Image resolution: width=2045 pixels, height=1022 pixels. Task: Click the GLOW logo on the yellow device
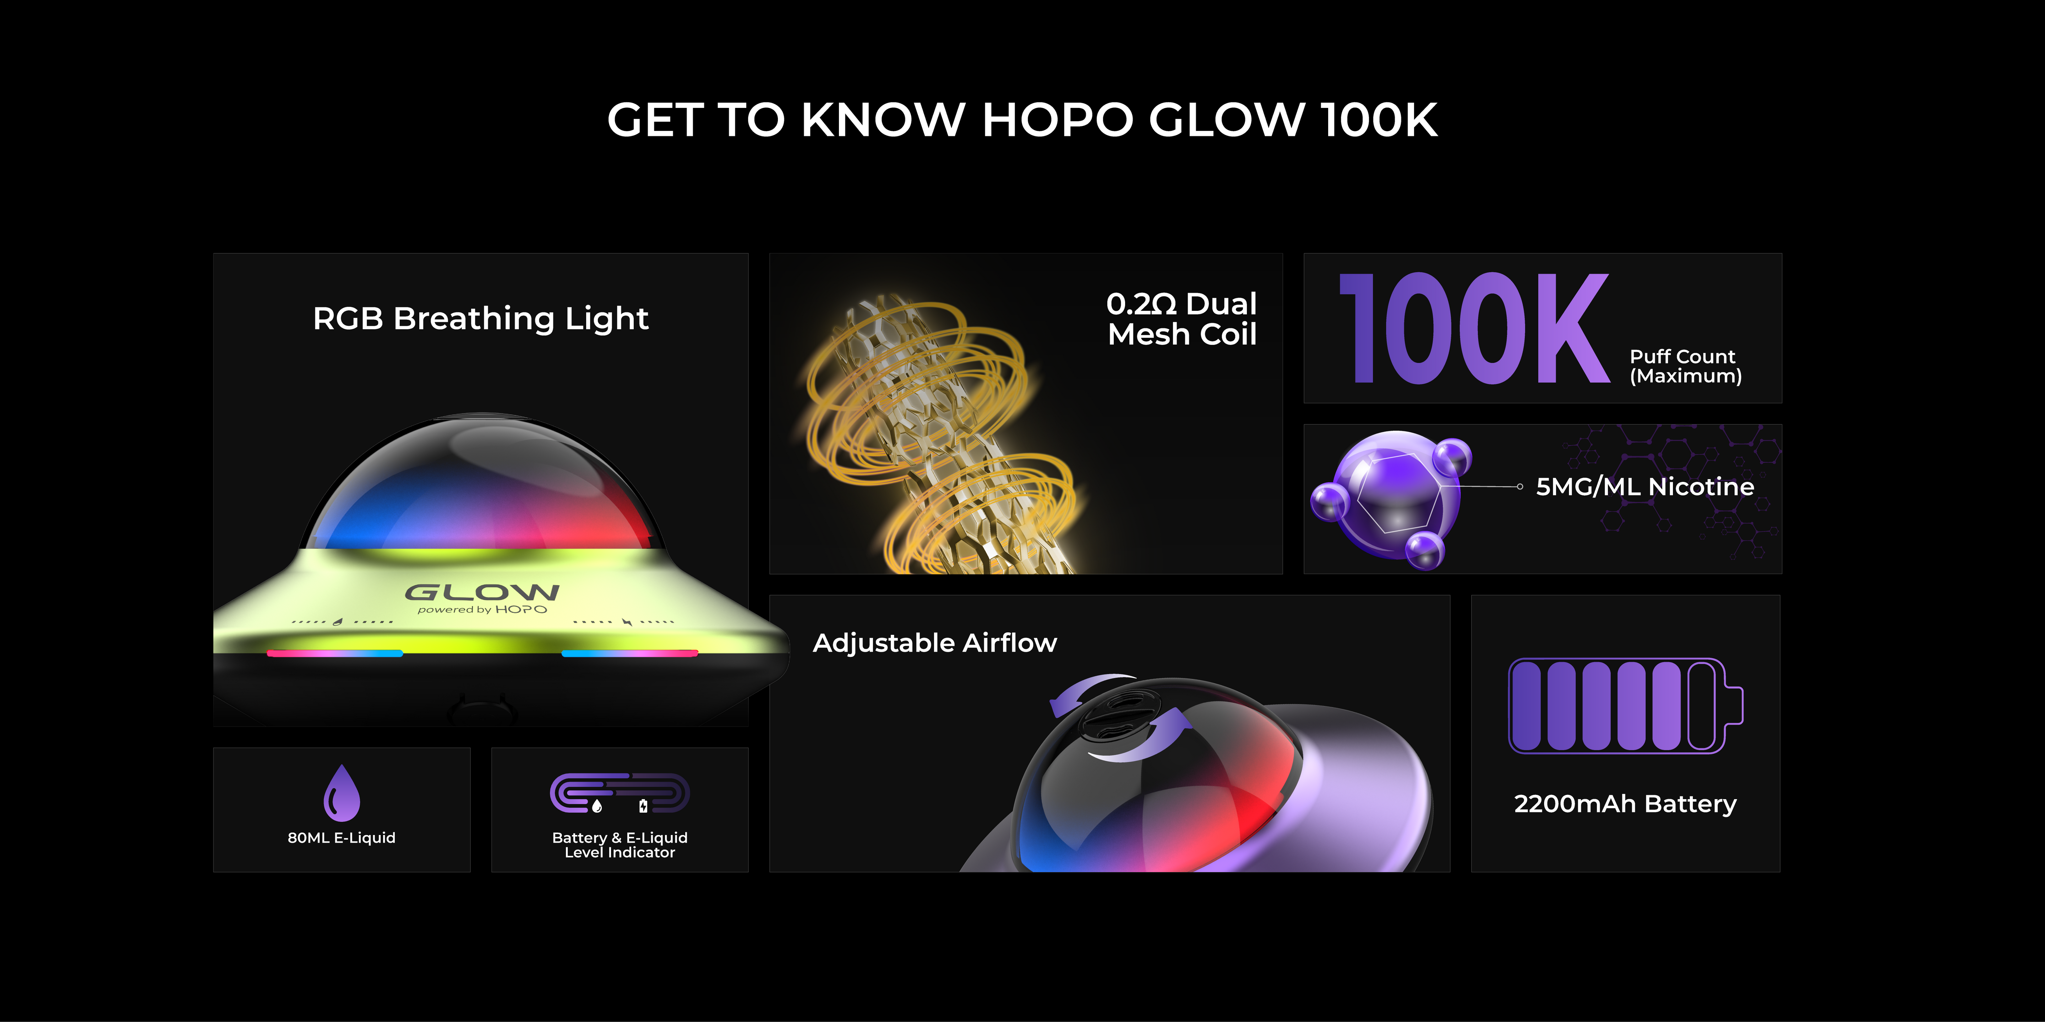(x=482, y=592)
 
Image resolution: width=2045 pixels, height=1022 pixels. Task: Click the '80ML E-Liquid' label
(x=341, y=838)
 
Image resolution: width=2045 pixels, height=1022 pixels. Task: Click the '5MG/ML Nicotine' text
(x=1645, y=487)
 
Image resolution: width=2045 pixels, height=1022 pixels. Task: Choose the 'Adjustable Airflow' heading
(x=934, y=643)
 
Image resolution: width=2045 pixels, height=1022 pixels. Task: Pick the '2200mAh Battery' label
(x=1625, y=804)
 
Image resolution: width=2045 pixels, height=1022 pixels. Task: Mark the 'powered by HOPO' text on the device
(x=482, y=609)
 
